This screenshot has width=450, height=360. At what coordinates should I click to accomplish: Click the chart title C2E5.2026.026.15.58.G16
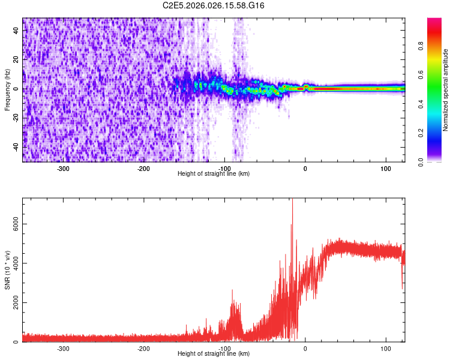click(214, 5)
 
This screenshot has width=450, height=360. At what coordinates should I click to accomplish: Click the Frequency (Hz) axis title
click(7, 89)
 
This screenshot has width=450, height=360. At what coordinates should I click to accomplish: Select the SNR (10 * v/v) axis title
click(7, 269)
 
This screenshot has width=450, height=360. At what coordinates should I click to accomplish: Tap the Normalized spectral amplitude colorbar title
click(446, 89)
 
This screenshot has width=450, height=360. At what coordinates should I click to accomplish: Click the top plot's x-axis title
click(214, 173)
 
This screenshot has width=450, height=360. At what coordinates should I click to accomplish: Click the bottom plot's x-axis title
click(214, 353)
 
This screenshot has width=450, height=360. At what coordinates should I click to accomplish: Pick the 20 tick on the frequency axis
click(16, 60)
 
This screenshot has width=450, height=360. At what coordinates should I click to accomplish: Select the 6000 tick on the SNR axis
click(13, 224)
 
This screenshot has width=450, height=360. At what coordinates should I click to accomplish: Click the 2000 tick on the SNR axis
click(13, 303)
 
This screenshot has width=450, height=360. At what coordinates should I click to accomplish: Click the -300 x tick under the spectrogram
click(63, 168)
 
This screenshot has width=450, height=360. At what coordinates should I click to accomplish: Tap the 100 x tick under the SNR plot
click(385, 348)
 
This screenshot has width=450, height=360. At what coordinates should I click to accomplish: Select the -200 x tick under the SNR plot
click(143, 348)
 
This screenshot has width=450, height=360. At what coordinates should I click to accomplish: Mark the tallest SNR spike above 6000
click(292, 202)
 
